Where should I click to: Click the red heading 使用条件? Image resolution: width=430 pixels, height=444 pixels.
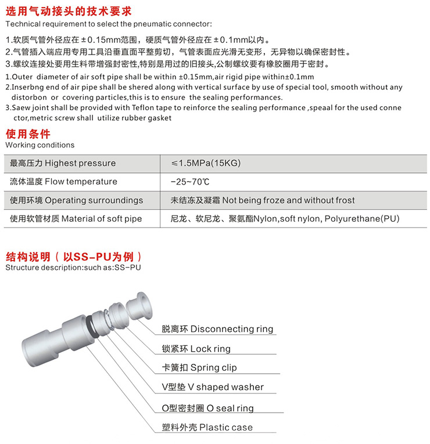(x=27, y=135)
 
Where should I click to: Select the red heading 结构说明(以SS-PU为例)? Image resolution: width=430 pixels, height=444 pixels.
(x=73, y=257)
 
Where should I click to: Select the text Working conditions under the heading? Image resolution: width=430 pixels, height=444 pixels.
(x=40, y=145)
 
